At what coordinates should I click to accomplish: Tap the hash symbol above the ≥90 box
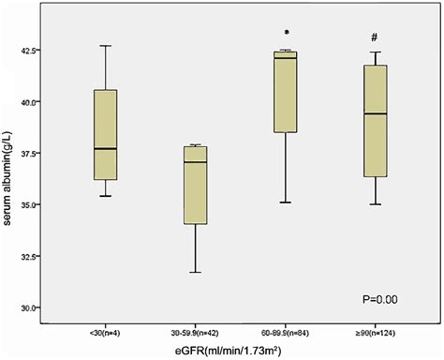click(x=374, y=37)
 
